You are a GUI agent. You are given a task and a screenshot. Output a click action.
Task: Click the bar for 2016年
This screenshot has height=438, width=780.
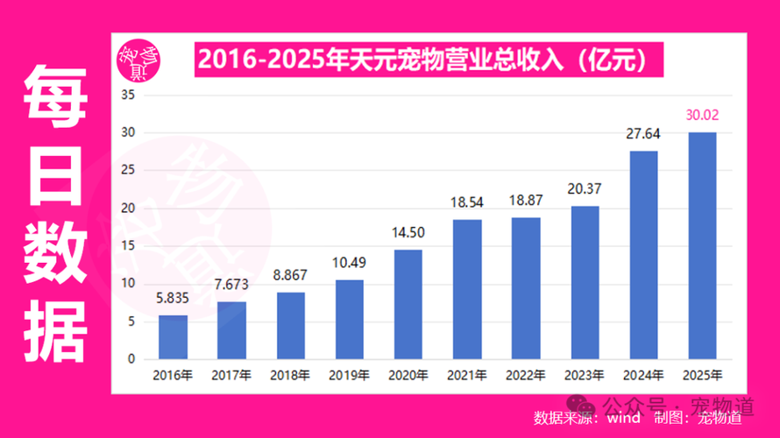(x=173, y=337)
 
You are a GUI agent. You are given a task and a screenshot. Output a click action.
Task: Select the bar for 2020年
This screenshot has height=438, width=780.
(x=408, y=305)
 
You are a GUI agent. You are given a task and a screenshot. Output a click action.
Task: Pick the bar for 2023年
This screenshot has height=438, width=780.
(x=585, y=283)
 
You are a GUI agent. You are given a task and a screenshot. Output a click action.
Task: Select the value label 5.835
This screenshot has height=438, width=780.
(x=173, y=298)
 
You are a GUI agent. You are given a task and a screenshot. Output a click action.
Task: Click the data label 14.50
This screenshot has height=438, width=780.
(x=408, y=233)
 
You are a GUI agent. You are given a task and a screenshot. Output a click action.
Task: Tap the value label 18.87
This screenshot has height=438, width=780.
(x=525, y=200)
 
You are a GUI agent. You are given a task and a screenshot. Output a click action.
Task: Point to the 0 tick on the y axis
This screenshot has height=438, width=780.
(x=131, y=359)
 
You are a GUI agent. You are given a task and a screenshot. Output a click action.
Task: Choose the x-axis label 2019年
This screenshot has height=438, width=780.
(x=349, y=376)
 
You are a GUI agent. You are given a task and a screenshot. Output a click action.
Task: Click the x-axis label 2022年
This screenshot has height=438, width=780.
(x=525, y=376)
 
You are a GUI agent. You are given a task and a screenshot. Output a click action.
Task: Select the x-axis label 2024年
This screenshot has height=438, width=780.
(x=642, y=376)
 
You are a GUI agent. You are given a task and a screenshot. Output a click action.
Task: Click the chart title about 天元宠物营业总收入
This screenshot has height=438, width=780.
(x=422, y=60)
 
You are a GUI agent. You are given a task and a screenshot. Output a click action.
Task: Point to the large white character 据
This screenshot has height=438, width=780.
(x=55, y=331)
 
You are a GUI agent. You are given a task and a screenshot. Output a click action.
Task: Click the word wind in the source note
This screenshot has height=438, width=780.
(x=624, y=417)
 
